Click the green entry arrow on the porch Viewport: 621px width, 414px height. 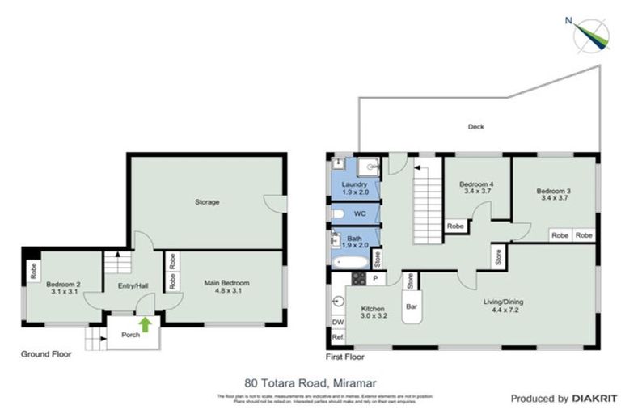click(145, 325)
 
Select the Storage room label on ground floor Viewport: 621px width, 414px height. click(207, 201)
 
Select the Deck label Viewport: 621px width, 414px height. click(476, 127)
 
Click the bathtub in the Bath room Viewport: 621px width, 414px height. click(345, 261)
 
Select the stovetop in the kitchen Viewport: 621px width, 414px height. click(359, 280)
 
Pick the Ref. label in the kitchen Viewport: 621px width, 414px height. click(338, 337)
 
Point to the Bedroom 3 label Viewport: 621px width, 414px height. click(554, 194)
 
